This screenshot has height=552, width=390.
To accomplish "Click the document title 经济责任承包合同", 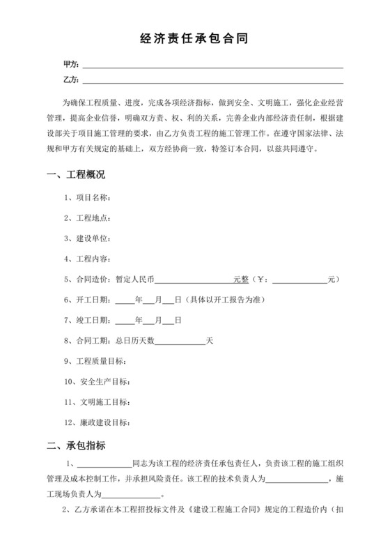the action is point(194,40).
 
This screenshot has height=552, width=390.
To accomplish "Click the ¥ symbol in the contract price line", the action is point(262,279).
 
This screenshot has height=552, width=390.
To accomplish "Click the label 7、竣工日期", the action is point(86,320).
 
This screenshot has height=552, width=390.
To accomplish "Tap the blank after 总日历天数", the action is point(180,341).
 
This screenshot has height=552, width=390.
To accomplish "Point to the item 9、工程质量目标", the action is point(95,361).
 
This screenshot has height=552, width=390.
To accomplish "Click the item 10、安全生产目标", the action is point(97,381).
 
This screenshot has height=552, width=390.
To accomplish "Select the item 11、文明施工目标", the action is point(97,402).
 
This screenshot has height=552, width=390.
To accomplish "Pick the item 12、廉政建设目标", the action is point(97,422).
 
